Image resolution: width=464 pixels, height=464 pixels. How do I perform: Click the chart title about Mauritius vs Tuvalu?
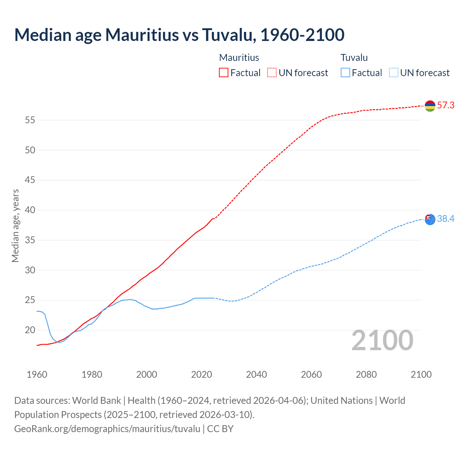[179, 35]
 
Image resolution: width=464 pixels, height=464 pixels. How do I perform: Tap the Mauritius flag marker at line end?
[430, 106]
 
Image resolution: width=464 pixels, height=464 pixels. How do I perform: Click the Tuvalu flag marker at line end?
[430, 219]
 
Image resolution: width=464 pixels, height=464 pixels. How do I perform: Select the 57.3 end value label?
[446, 105]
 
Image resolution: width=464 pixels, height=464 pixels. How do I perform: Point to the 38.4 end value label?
[446, 219]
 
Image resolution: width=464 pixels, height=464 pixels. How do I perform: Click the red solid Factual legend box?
[224, 73]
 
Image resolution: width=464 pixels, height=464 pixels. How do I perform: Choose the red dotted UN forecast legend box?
[272, 73]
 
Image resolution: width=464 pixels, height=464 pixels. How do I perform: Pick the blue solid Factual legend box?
[345, 73]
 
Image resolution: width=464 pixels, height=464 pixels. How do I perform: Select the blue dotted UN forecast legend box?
[393, 73]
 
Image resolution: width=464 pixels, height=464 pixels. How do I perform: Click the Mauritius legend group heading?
[239, 58]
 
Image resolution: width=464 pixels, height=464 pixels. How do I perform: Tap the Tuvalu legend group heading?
[354, 58]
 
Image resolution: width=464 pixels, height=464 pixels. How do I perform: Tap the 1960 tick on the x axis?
[37, 374]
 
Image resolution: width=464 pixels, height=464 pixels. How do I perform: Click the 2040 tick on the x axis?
[256, 374]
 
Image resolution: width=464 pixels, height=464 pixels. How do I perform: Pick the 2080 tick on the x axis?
[366, 374]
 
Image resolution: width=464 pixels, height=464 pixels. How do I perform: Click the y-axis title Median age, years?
[15, 225]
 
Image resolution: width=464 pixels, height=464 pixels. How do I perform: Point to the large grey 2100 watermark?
[382, 340]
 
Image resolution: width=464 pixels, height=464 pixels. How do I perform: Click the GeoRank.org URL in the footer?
[107, 429]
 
